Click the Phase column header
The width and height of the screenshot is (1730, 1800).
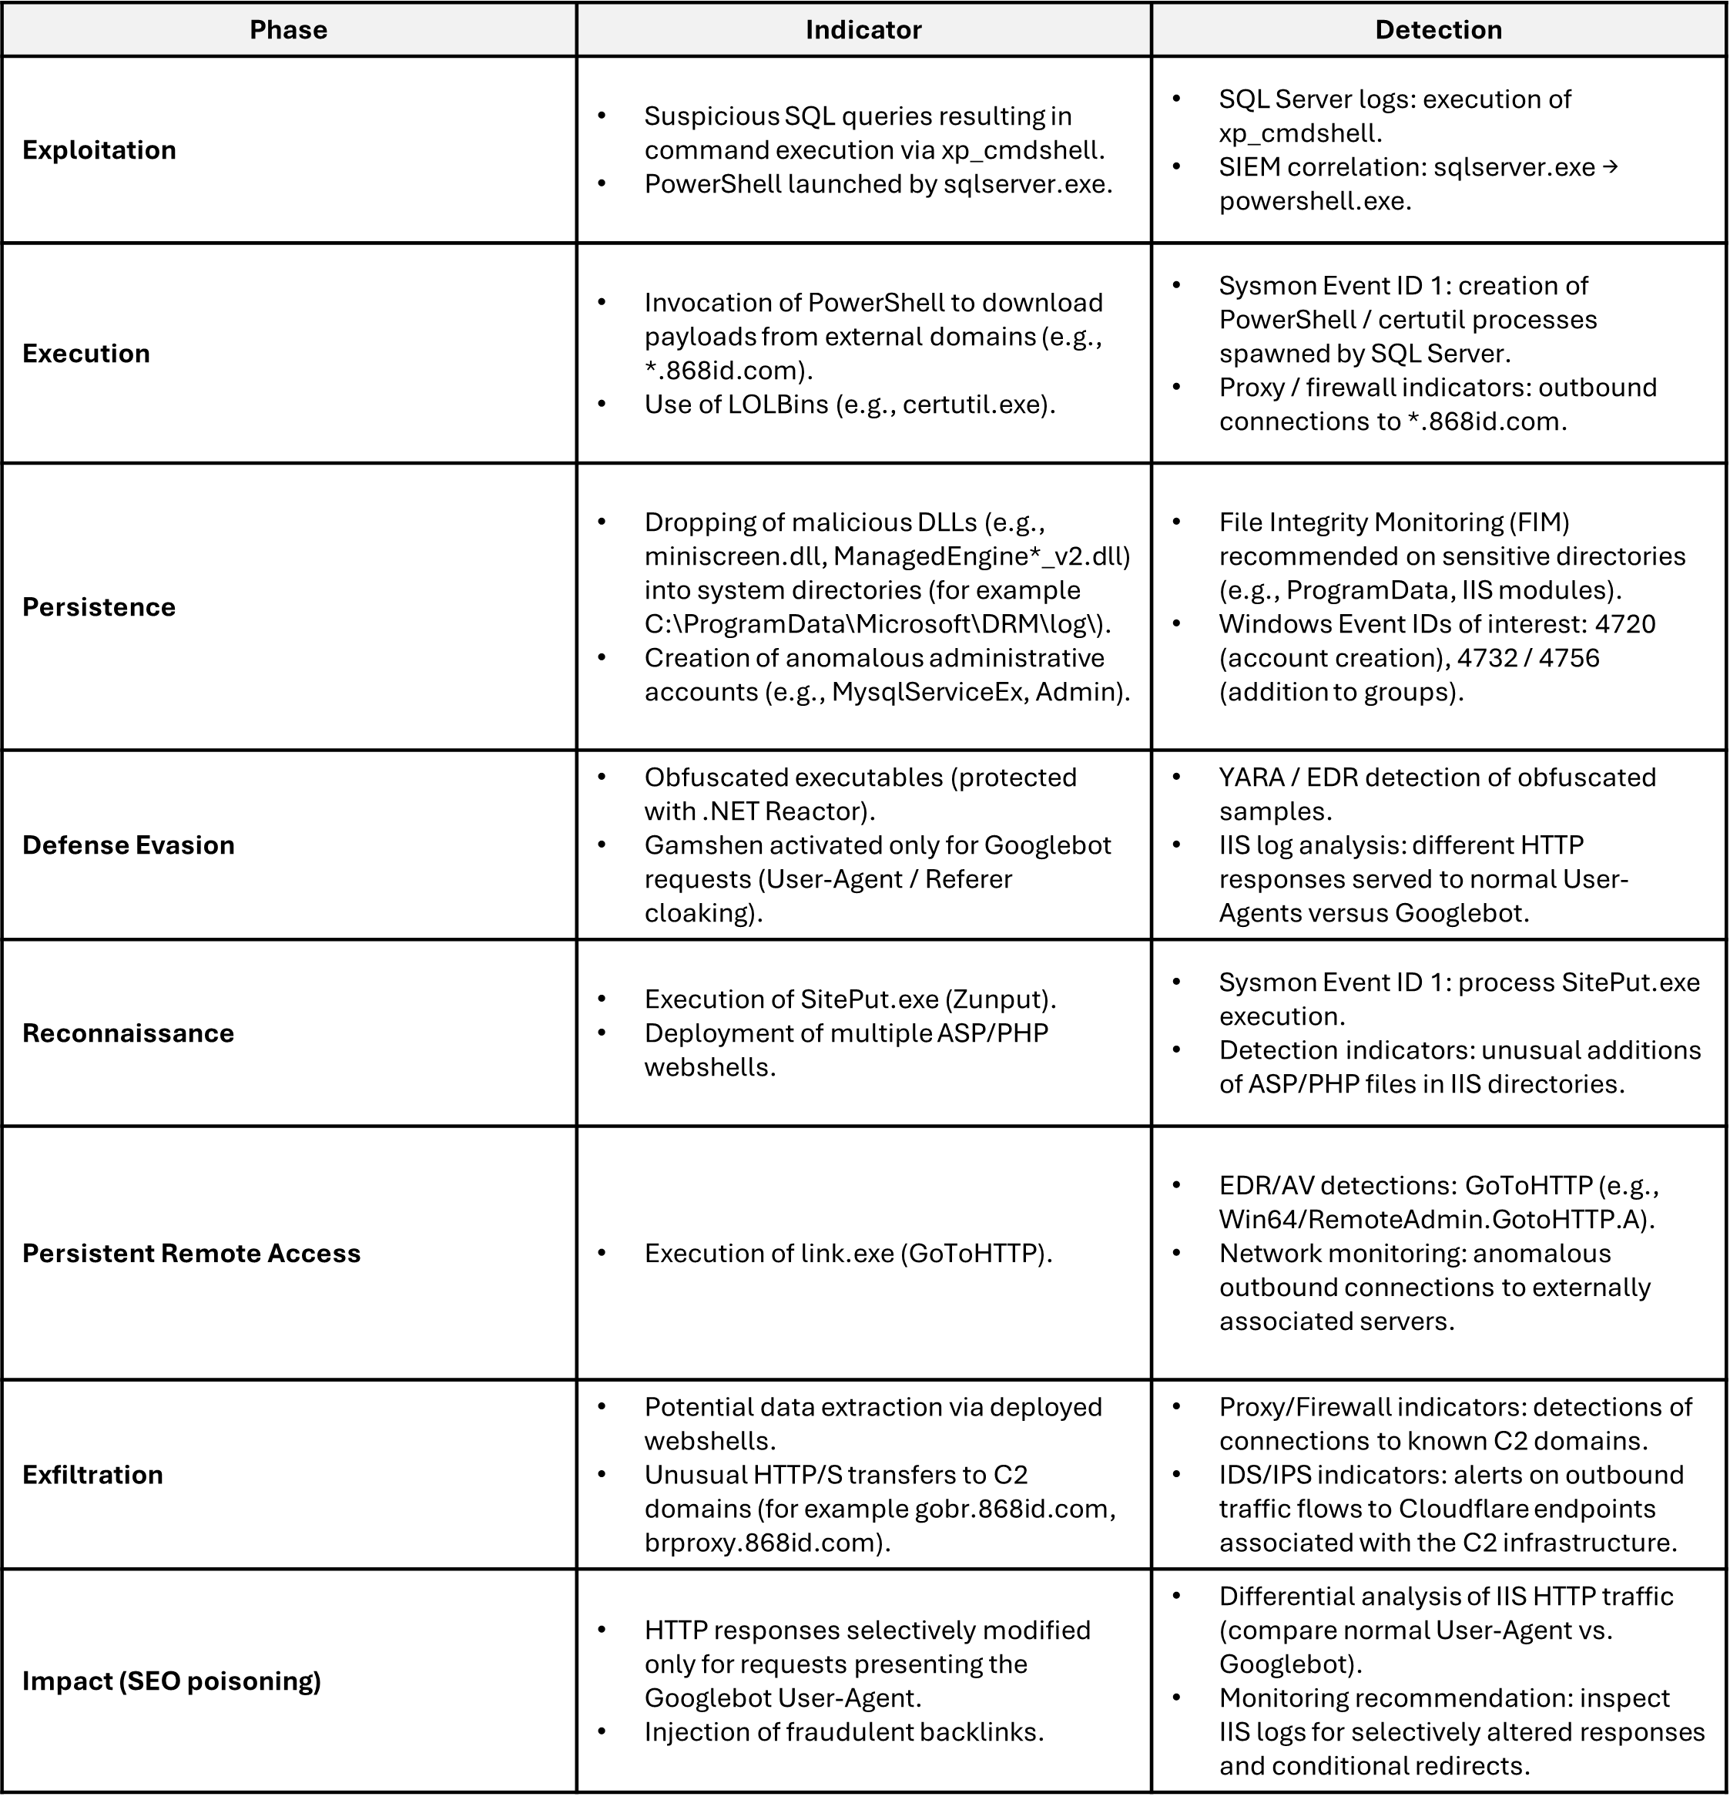288,30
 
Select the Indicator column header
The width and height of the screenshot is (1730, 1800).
863,30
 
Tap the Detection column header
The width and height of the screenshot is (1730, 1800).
1438,30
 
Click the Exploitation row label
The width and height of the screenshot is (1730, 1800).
99,149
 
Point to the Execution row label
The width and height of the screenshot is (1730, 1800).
86,354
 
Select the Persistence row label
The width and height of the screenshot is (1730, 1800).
99,607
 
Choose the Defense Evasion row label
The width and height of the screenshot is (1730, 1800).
129,845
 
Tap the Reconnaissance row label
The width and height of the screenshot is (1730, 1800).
129,1033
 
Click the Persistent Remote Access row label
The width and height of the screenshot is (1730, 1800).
191,1254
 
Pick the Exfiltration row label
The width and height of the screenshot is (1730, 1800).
92,1475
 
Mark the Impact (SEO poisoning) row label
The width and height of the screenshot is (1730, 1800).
172,1681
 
